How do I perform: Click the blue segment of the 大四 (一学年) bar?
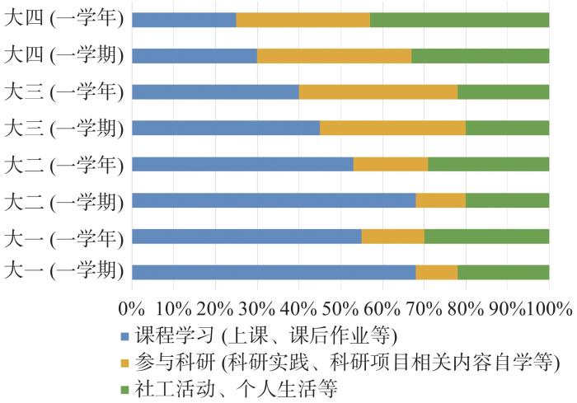tap(184, 20)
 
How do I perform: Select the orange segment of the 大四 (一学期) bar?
tap(334, 56)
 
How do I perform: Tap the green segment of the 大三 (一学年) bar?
tap(503, 91)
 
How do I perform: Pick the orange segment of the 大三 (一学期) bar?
tap(392, 128)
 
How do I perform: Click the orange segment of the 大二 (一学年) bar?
tap(391, 163)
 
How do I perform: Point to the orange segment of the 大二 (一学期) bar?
tap(440, 199)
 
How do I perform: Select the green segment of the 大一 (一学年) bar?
tap(486, 236)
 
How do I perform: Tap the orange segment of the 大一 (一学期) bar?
tap(436, 271)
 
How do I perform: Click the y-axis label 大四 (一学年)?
tap(63, 20)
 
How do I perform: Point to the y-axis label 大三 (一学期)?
tap(63, 128)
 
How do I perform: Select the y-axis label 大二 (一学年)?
tap(63, 163)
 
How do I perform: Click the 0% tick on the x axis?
tap(132, 309)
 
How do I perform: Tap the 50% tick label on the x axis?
tap(340, 309)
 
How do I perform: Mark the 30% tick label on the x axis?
tap(257, 309)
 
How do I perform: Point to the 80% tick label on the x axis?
tap(466, 309)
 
